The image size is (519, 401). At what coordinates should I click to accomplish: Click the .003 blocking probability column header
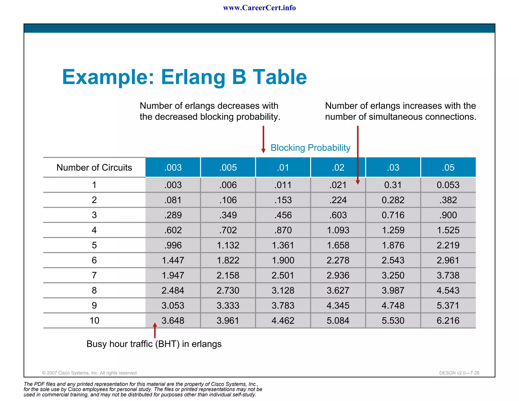pyautogui.click(x=173, y=167)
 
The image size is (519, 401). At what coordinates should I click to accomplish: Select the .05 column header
pyautogui.click(x=448, y=167)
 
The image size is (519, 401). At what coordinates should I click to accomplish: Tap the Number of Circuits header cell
pyautogui.click(x=94, y=167)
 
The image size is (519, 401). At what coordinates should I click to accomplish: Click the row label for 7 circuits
pyautogui.click(x=94, y=275)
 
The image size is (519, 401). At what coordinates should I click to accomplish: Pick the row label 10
pyautogui.click(x=94, y=320)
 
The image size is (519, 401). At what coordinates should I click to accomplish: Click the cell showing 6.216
pyautogui.click(x=448, y=320)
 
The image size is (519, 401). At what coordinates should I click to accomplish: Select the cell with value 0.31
pyautogui.click(x=393, y=185)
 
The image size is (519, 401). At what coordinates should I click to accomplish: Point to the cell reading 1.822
pyautogui.click(x=228, y=260)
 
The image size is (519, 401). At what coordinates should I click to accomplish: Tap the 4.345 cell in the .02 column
pyautogui.click(x=338, y=305)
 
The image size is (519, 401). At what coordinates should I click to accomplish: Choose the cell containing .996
pyautogui.click(x=173, y=245)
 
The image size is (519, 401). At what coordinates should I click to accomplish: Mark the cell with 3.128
pyautogui.click(x=283, y=290)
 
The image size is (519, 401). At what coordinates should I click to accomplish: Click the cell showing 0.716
pyautogui.click(x=393, y=215)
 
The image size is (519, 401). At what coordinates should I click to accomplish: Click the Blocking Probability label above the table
pyautogui.click(x=310, y=148)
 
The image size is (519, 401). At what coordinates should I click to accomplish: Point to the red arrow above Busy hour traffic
pyautogui.click(x=155, y=330)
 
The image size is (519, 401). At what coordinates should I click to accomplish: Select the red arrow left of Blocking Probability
pyautogui.click(x=263, y=139)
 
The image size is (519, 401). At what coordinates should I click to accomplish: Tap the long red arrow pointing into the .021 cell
pyautogui.click(x=358, y=155)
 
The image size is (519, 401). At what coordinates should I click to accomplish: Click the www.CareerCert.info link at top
pyautogui.click(x=259, y=8)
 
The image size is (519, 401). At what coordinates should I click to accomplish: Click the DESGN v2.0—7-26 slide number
pyautogui.click(x=459, y=373)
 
